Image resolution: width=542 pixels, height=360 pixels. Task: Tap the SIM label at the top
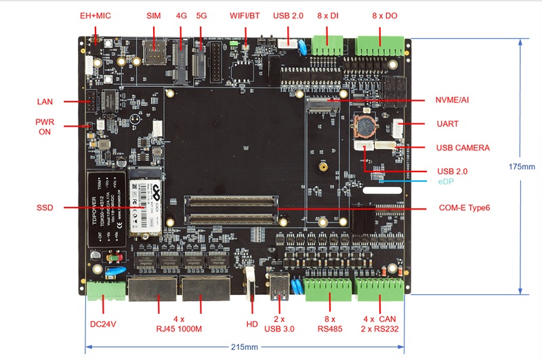point(154,15)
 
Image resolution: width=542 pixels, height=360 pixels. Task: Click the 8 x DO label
point(385,15)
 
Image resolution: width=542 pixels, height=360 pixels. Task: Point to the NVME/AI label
point(452,100)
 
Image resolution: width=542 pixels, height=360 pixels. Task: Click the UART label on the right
point(448,124)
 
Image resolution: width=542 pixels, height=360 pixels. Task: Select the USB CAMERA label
point(462,147)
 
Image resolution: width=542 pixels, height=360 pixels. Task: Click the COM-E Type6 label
point(463,207)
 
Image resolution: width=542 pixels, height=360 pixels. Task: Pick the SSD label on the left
point(45,207)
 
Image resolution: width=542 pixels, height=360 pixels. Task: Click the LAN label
point(45,102)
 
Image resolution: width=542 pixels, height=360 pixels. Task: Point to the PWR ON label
point(45,127)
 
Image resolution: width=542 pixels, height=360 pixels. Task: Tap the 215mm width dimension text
point(245,348)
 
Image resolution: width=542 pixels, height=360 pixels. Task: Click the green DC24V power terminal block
point(106,289)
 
